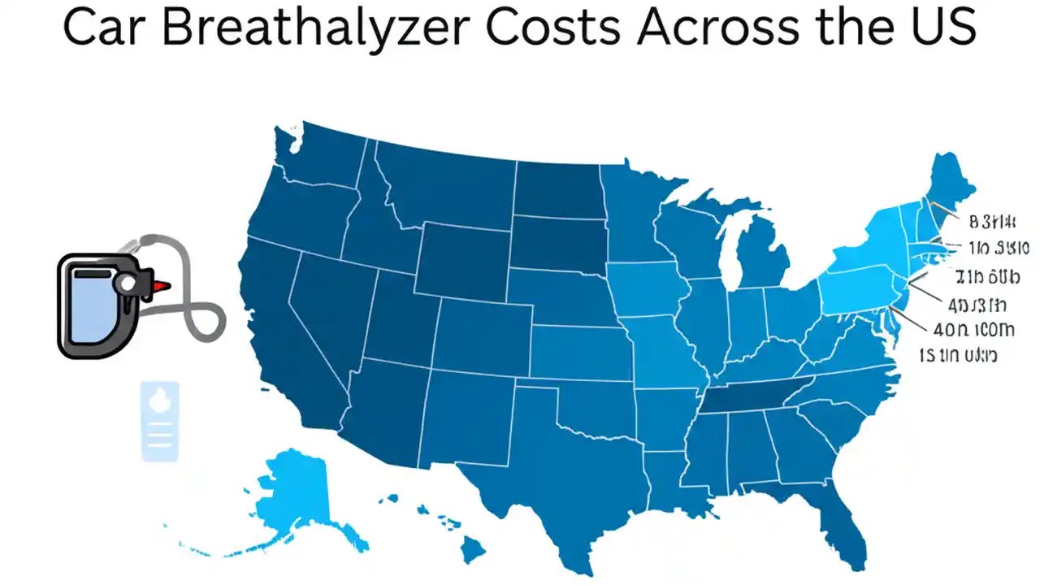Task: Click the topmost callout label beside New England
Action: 993,220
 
